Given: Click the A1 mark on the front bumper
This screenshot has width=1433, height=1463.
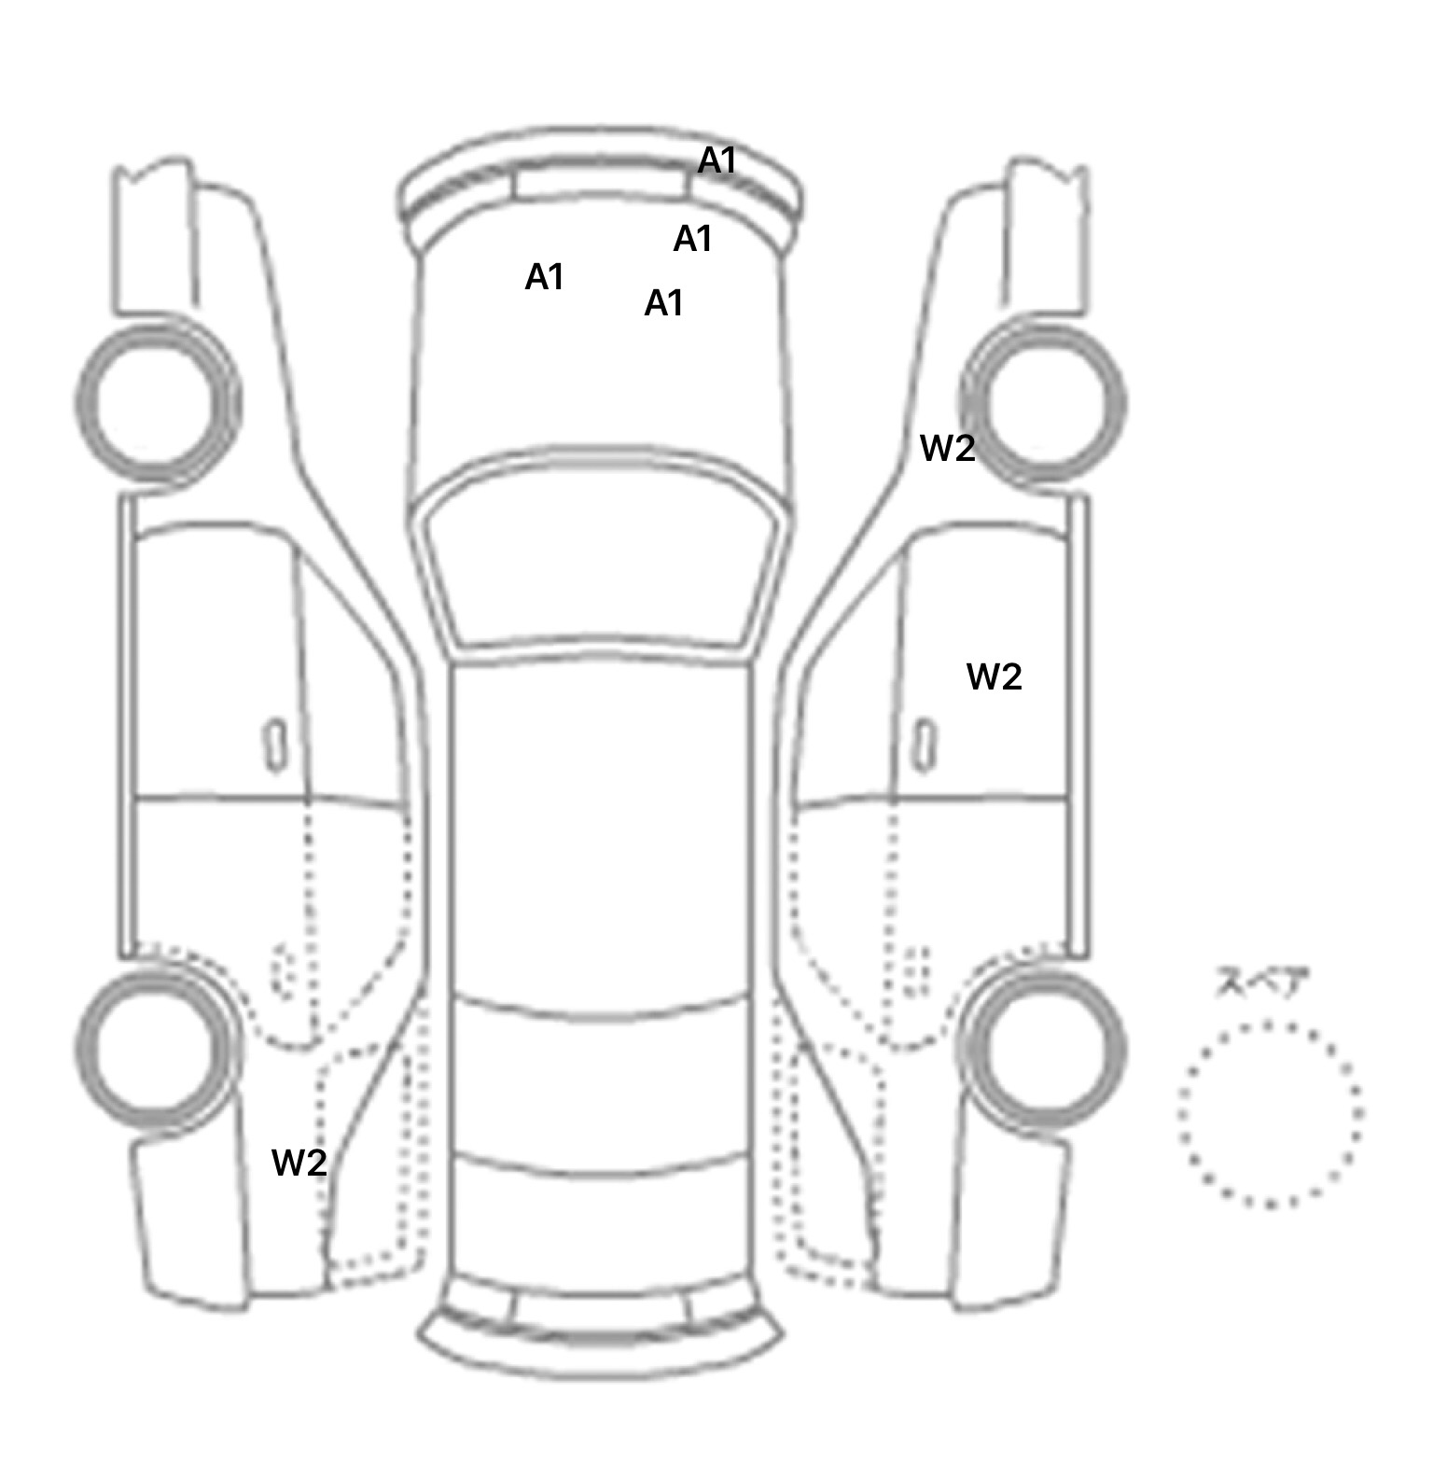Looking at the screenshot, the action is click(x=717, y=161).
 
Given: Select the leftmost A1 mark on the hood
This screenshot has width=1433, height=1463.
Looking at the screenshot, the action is click(x=545, y=277).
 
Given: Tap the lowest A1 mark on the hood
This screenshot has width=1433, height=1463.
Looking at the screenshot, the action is click(x=664, y=303).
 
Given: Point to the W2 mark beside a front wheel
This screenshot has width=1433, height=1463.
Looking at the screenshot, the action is click(x=947, y=449).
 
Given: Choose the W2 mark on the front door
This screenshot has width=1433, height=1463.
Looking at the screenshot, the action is click(x=995, y=677).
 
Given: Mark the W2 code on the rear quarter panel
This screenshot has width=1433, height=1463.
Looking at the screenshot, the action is click(x=299, y=1163).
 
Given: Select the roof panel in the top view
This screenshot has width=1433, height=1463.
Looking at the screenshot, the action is click(x=602, y=830).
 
